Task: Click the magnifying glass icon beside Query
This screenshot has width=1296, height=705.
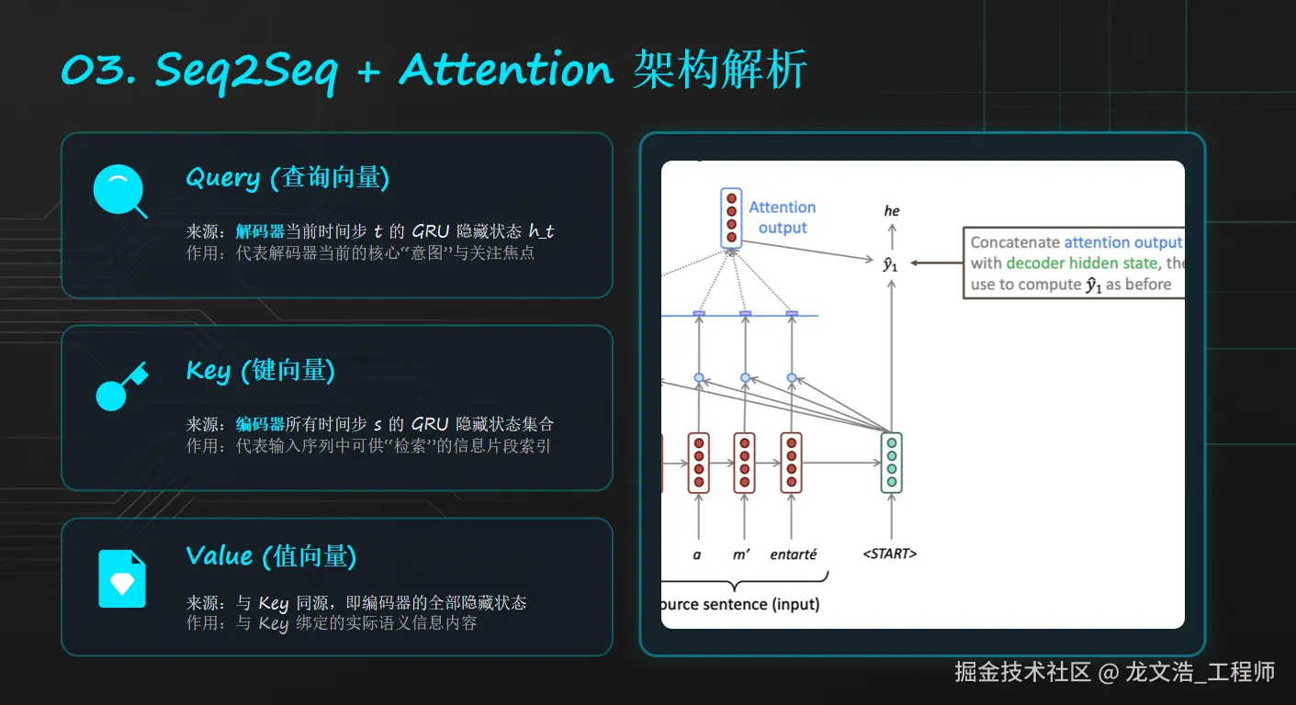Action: (x=118, y=190)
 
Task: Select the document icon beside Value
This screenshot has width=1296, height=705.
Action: (x=121, y=578)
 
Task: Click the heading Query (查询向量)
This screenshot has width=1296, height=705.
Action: (x=287, y=177)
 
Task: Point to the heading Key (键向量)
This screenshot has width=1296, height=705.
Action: (x=260, y=370)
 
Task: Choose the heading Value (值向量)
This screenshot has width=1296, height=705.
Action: (x=271, y=555)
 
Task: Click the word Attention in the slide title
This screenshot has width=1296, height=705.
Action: (x=506, y=70)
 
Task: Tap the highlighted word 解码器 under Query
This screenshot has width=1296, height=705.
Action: (x=260, y=231)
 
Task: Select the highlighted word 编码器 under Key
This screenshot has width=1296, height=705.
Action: (x=260, y=424)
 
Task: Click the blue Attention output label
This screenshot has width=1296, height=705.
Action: (x=783, y=217)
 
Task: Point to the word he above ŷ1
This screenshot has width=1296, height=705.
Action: (x=892, y=210)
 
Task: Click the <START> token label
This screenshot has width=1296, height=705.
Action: (x=890, y=554)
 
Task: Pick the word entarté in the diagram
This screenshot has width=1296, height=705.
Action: (x=793, y=554)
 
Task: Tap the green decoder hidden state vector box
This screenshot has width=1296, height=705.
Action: (x=892, y=463)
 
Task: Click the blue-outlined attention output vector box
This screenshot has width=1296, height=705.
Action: (x=731, y=218)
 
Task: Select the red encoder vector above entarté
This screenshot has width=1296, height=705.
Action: (x=791, y=463)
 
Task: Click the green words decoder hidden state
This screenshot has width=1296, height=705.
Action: (x=1081, y=263)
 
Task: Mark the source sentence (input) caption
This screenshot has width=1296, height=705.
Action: (x=740, y=604)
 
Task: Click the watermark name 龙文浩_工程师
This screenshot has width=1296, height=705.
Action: (x=1200, y=672)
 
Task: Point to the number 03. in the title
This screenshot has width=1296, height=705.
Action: (x=98, y=70)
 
